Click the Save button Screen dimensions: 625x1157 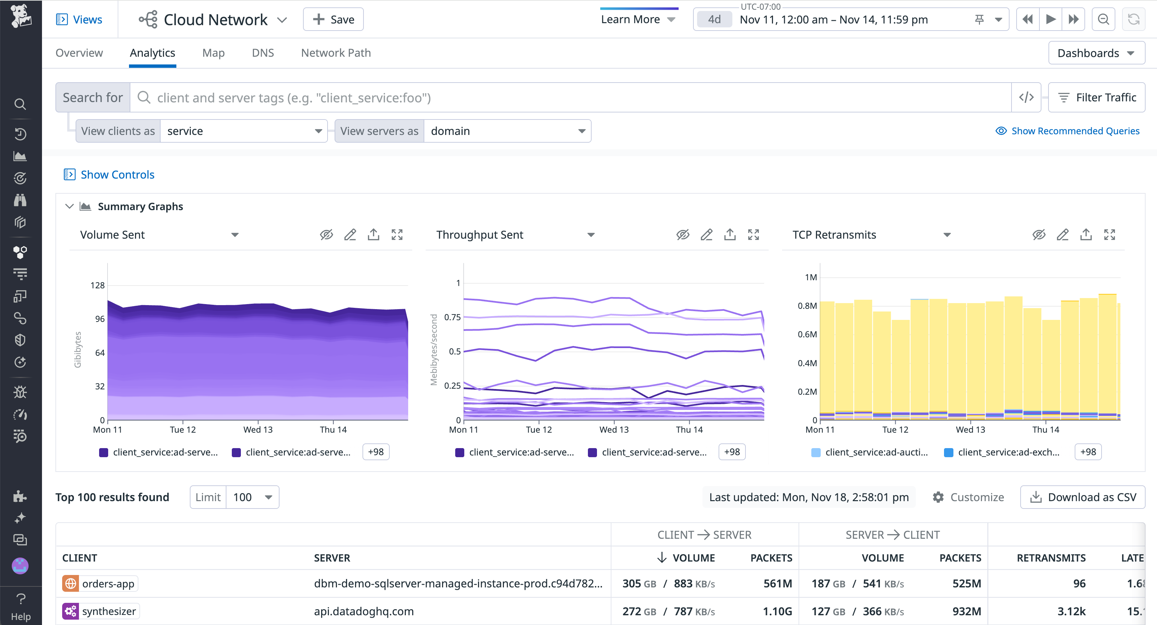pos(333,19)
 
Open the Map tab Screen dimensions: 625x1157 pos(213,53)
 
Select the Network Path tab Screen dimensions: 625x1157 pos(336,53)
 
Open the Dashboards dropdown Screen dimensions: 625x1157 pos(1096,53)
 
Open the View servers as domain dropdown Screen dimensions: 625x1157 pos(507,131)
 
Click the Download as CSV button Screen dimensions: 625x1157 pos(1082,497)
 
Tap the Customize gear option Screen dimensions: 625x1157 pos(968,497)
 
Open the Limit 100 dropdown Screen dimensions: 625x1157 pos(252,497)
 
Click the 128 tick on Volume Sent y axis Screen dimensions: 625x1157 pos(97,285)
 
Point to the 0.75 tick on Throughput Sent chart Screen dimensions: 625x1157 pos(452,317)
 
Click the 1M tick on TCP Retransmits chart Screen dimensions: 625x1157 pos(810,277)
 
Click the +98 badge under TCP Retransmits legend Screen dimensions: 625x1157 pos(1087,452)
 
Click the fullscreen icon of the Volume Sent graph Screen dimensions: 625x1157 pos(397,235)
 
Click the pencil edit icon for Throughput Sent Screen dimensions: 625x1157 pos(706,235)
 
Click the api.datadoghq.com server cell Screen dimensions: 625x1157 pos(363,611)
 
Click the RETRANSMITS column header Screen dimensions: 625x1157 pos(1051,558)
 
